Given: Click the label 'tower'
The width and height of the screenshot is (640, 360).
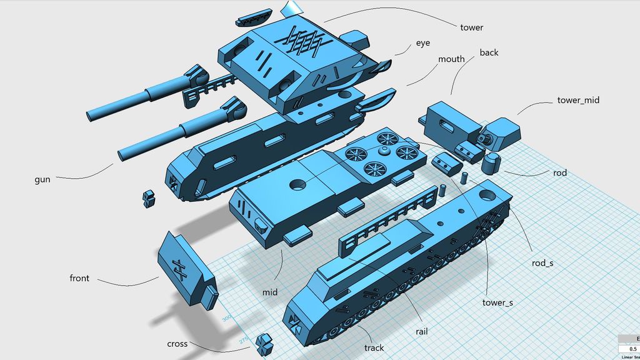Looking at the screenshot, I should click(x=471, y=27).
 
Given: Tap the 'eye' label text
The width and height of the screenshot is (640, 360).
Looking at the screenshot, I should click(x=422, y=44).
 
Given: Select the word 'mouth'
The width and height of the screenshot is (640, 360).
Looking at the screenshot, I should click(x=451, y=59).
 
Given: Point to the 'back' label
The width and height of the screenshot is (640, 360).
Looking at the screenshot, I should click(x=489, y=53).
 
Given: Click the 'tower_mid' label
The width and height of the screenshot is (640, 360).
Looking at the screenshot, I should click(x=577, y=100).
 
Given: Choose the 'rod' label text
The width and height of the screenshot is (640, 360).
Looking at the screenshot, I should click(x=560, y=172).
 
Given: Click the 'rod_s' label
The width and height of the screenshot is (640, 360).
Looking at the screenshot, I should click(x=542, y=263).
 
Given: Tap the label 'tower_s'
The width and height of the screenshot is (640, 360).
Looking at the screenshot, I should click(x=497, y=303).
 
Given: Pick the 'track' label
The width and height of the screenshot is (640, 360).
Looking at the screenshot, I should click(x=374, y=348).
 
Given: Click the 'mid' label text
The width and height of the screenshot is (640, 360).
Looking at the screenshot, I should click(x=270, y=292).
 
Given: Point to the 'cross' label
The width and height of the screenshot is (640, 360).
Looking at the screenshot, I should click(x=177, y=344).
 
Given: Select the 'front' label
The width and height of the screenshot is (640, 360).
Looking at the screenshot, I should click(x=79, y=279).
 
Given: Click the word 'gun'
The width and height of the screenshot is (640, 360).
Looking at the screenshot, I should click(x=42, y=180).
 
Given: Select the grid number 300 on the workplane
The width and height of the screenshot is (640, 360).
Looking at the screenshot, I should click(x=226, y=318).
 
